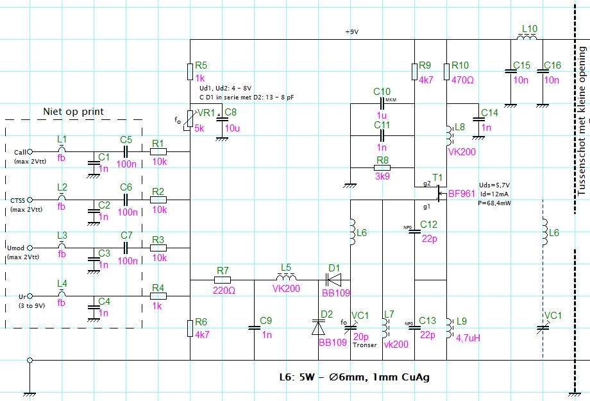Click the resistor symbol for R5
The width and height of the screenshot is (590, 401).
pos(190,72)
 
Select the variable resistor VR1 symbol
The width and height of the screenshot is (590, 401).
pos(190,120)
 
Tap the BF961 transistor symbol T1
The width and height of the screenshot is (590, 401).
pos(439,192)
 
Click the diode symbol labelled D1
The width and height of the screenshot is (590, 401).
pos(333,280)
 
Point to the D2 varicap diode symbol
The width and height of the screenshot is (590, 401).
pos(318,327)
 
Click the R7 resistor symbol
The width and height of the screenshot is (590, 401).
pos(223,280)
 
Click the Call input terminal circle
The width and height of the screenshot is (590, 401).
pos(29,152)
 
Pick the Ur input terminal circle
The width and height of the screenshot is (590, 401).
pos(29,296)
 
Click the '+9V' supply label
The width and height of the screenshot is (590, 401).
pos(352,32)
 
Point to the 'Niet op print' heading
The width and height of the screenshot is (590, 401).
pos(73,112)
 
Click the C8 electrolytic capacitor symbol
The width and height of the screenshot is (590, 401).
pos(222,118)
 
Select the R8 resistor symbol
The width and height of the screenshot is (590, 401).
pos(382,167)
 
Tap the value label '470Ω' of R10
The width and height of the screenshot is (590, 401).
pos(462,80)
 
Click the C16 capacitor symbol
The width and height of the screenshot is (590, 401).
pos(543,71)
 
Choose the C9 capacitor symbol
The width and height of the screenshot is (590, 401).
pos(255,328)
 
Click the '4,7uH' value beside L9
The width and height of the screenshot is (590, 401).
pos(468,338)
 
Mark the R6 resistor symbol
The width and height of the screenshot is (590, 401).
pos(190,328)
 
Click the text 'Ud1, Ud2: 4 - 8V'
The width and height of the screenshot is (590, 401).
pos(225,89)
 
